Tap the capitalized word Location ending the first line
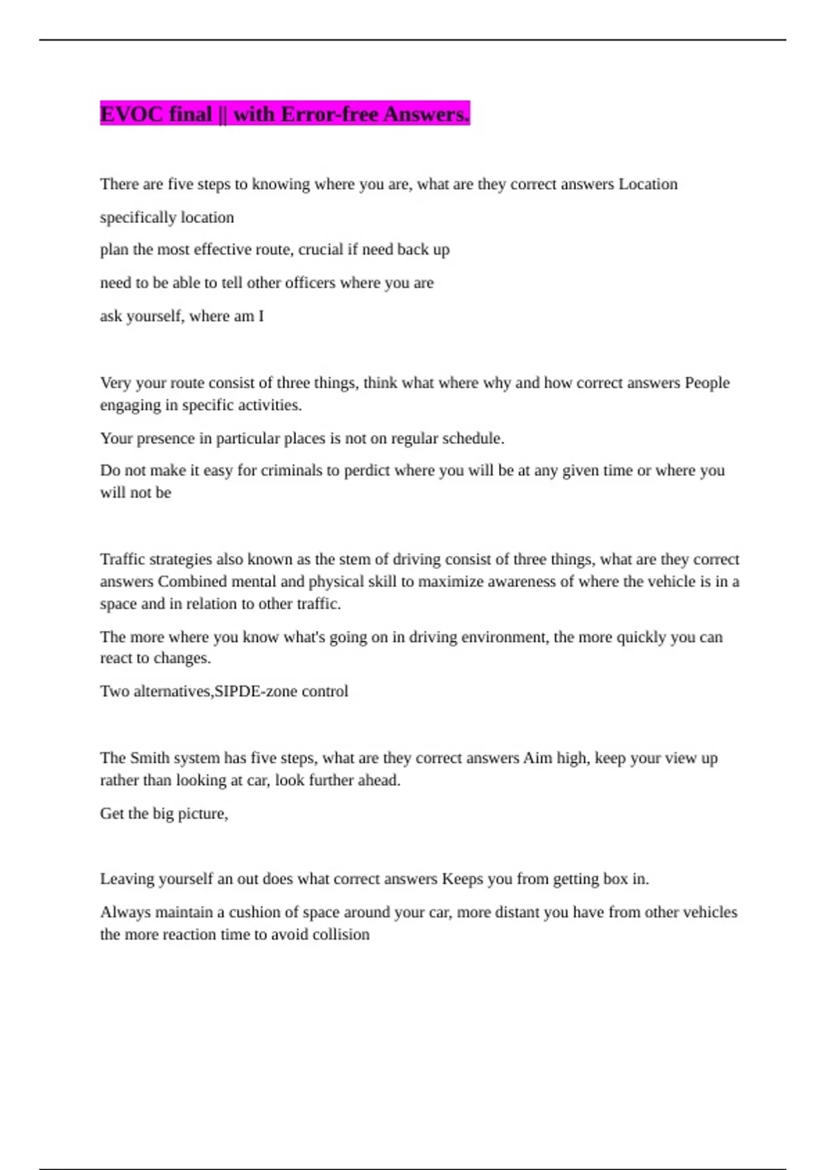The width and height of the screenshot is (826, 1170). coord(648,184)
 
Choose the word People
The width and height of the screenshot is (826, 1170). coord(707,383)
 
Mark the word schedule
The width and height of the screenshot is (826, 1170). coord(472,438)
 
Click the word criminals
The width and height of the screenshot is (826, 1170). coord(291,471)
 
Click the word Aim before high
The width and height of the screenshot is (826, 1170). coord(538,758)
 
